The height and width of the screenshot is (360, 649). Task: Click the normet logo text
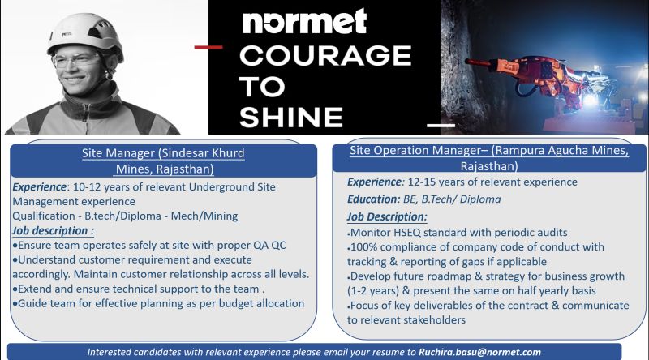pyautogui.click(x=304, y=22)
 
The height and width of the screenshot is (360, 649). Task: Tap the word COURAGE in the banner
pyautogui.click(x=325, y=55)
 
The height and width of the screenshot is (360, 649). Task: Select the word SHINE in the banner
pyautogui.click(x=291, y=117)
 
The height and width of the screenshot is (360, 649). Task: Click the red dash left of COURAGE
pyautogui.click(x=208, y=47)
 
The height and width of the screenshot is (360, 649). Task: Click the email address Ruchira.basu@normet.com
pyautogui.click(x=479, y=352)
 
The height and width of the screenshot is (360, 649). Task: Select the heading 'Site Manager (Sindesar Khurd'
pyautogui.click(x=163, y=153)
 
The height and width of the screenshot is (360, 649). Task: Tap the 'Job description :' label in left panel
pyautogui.click(x=53, y=230)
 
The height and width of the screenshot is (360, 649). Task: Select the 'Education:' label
pyautogui.click(x=374, y=199)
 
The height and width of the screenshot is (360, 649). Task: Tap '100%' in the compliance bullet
pyautogui.click(x=363, y=247)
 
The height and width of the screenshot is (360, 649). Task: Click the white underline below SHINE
pyautogui.click(x=441, y=125)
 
